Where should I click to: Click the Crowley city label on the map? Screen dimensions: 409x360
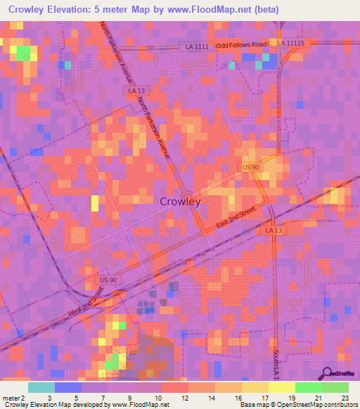(180, 202)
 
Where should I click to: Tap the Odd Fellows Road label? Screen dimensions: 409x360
(242, 45)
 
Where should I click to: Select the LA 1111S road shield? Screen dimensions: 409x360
(290, 43)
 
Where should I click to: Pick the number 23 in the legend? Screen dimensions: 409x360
(345, 398)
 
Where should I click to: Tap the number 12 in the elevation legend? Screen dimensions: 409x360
(184, 398)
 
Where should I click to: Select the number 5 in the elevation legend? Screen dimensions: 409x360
(76, 398)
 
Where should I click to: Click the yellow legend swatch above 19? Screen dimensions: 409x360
(281, 387)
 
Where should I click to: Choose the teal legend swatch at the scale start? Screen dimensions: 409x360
(41, 387)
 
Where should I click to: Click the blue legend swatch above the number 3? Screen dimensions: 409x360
(68, 387)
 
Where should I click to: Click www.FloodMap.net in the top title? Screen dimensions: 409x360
(211, 10)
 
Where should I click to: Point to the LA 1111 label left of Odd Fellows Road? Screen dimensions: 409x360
(198, 46)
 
